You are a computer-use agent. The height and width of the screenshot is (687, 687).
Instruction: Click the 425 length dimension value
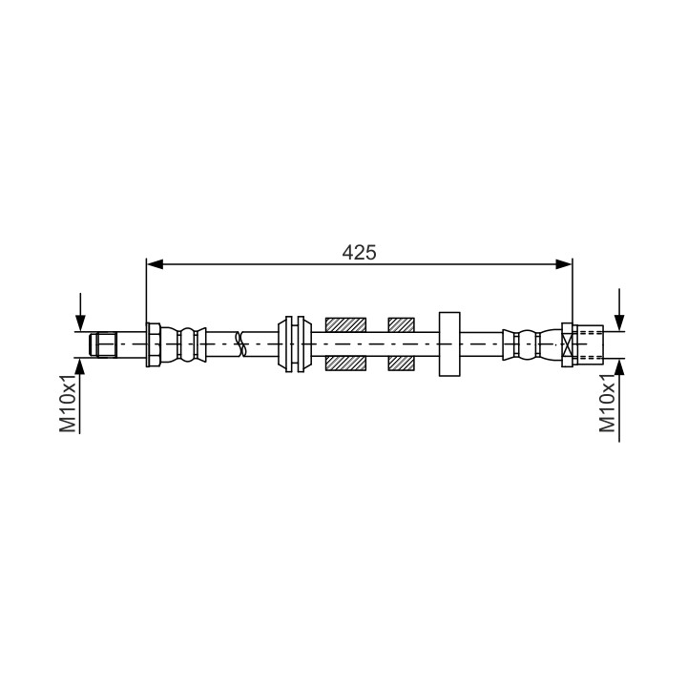click(x=359, y=253)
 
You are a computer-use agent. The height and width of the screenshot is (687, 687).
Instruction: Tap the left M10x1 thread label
click(x=69, y=404)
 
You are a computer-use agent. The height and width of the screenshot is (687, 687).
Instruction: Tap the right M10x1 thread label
click(x=608, y=404)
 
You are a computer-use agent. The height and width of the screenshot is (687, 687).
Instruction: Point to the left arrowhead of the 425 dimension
click(x=155, y=264)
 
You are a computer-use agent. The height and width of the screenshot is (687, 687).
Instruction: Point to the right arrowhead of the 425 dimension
click(x=564, y=264)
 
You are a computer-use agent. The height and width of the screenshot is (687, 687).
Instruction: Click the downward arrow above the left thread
click(x=80, y=312)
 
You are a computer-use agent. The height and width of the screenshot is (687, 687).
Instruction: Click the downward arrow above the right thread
click(x=619, y=309)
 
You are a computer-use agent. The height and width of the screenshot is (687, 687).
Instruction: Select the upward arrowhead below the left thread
click(x=80, y=366)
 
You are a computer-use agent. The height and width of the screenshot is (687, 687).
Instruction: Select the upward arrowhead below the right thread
click(x=619, y=366)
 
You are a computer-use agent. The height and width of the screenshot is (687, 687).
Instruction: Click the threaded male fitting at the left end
click(x=103, y=344)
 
